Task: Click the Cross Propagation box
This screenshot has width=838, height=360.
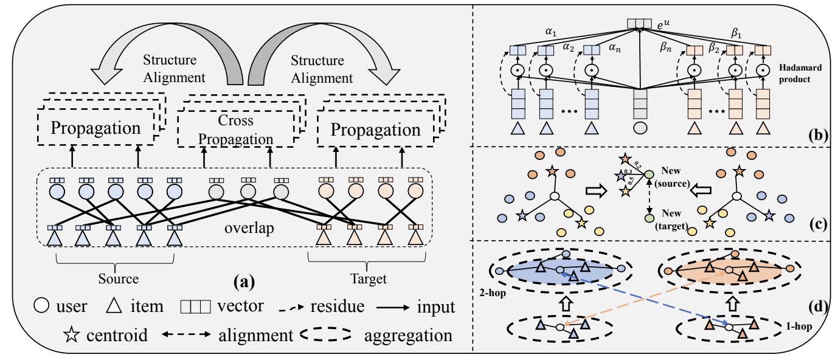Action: (x=238, y=129)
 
